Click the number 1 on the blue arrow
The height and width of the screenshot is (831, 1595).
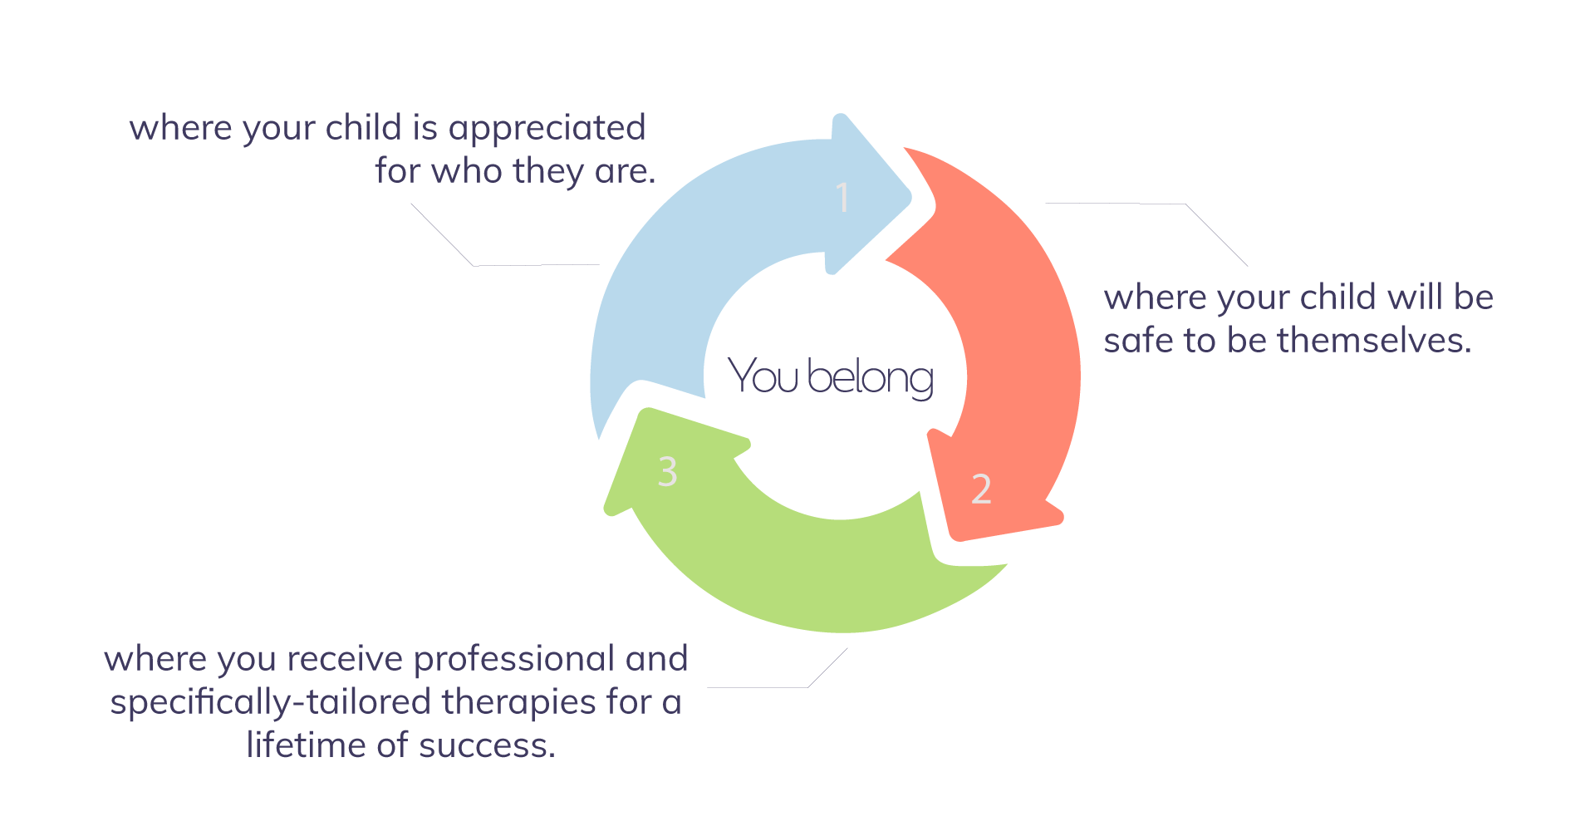842,197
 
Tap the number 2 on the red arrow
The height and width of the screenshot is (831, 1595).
981,489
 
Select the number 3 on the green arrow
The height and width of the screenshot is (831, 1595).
667,471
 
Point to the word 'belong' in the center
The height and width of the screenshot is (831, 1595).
870,379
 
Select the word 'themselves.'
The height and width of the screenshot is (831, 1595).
1374,340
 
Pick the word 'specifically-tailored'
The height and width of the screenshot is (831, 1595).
271,703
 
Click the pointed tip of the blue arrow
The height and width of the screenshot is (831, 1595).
910,198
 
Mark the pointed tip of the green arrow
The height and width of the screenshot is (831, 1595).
609,509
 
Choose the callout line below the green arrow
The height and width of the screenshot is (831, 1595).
773,686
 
